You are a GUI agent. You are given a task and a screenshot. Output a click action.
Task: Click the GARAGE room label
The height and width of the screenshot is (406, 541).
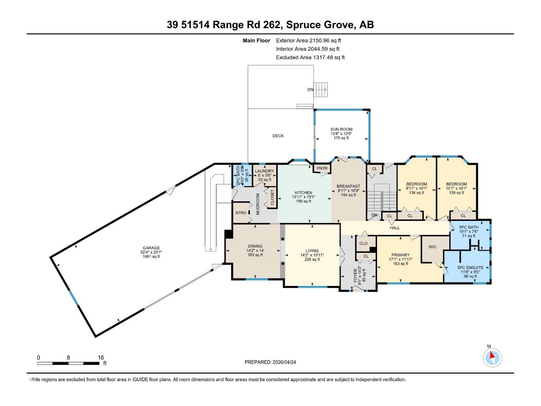151,248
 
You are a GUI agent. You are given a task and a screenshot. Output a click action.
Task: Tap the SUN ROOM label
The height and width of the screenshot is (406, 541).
341,129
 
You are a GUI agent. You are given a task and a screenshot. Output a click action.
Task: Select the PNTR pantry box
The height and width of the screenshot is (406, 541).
322,168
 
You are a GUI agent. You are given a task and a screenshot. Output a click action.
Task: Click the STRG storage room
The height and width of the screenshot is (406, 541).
241,213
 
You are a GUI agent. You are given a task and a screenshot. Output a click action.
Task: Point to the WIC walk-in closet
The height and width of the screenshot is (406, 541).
432,247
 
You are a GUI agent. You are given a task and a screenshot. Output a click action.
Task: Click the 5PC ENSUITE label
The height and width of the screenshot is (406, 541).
470,268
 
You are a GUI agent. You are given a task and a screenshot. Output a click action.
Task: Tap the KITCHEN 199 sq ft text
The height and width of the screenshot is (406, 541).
303,201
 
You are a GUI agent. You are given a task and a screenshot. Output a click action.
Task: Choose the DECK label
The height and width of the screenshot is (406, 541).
278,136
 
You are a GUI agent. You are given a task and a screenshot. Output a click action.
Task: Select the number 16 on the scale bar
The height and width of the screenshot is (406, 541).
101,357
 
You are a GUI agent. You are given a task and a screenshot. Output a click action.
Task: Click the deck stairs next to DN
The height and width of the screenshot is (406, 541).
321,90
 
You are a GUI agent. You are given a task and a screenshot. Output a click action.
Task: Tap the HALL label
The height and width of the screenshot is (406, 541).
395,228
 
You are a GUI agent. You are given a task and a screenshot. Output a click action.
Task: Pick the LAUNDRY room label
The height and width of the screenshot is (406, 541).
264,171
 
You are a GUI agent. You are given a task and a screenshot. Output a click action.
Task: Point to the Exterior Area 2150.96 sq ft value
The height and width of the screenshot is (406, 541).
308,41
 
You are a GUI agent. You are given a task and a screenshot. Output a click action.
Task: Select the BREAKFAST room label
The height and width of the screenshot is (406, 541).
348,186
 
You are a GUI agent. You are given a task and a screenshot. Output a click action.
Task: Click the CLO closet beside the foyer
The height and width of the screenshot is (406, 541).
363,243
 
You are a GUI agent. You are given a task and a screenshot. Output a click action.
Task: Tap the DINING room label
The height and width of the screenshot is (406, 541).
255,246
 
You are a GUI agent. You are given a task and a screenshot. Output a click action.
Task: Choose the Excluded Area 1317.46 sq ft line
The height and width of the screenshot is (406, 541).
310,58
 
